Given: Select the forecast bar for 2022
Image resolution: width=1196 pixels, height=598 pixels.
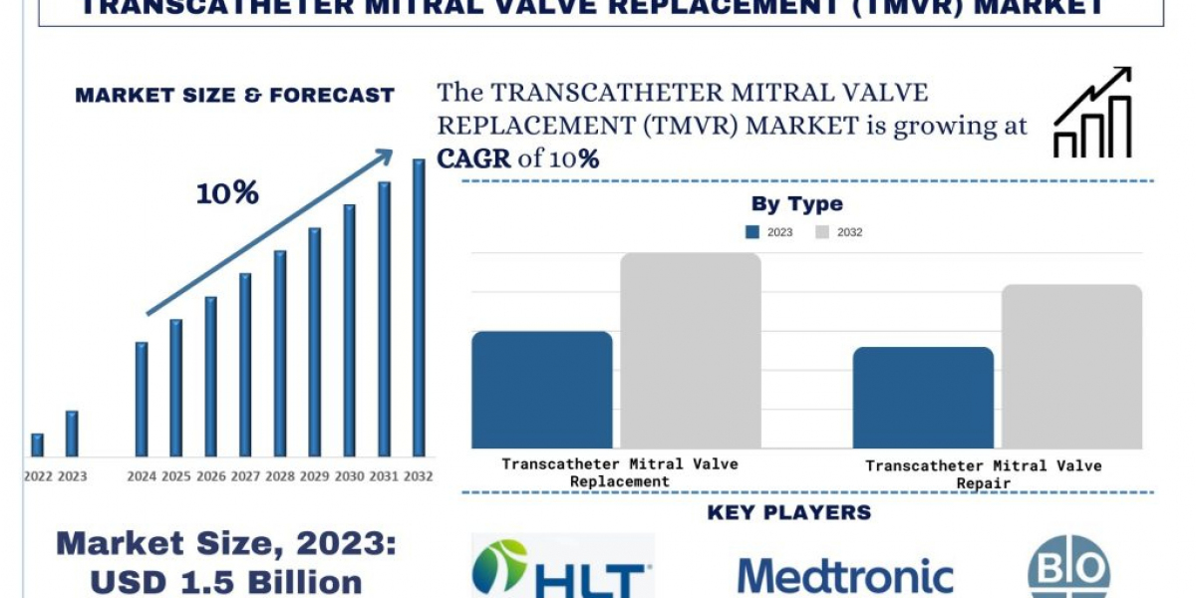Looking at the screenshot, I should pos(37,445).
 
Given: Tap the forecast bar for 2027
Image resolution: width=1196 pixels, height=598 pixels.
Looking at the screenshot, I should pos(245,365).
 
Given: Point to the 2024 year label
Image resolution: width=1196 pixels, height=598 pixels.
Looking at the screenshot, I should pos(142,476).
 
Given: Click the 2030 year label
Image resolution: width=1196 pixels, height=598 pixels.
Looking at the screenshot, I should pos(349,476).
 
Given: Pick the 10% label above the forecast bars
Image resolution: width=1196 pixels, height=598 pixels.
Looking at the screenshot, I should pos(227,193).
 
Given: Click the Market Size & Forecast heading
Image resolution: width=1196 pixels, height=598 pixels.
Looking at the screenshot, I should pos(235,96).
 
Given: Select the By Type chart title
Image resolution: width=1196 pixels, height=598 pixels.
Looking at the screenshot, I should pos(796,204).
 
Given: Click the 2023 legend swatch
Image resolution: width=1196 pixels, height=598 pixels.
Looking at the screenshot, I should pos(753,232).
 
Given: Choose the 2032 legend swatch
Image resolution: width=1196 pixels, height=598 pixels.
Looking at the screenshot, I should pos(822,232).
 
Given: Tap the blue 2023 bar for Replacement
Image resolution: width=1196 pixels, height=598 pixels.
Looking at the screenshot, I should pos(542,390).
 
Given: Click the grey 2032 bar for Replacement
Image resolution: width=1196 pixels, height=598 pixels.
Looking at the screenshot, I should pos(691,351).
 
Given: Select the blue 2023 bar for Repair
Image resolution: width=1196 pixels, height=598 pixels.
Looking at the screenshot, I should pos(923,398).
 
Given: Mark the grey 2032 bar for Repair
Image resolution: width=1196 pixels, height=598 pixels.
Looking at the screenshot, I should pos(1071,367).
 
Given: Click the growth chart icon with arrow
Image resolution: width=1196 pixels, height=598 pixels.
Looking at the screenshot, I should pos(1092,113).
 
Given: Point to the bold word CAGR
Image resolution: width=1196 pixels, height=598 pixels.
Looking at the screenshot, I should pos(473,159).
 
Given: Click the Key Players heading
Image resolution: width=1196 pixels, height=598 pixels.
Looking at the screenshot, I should pos(788,513).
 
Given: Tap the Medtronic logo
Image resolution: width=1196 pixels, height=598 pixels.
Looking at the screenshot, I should pos(845,576).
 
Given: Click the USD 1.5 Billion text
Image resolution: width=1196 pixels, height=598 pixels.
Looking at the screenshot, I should pos(225,582).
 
